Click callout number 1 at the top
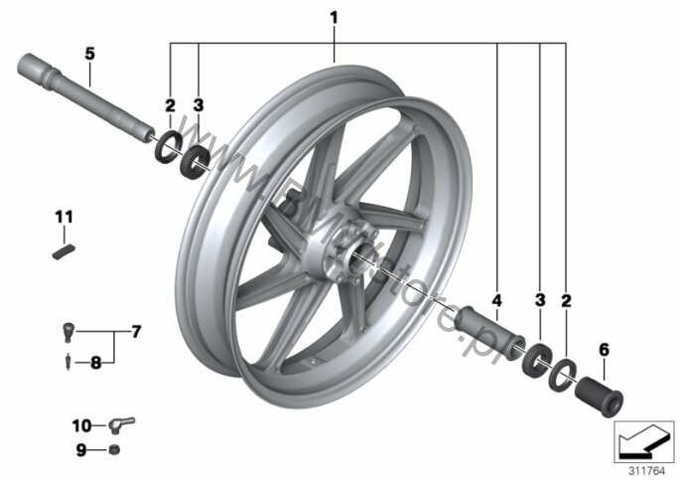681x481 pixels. pos(334,17)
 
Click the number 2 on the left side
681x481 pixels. pos(170,104)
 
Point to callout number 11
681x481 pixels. pos(64,216)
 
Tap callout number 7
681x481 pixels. pos(136,329)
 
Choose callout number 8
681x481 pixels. pos(96,363)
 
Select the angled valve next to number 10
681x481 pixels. pos(120,426)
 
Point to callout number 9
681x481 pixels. pos(80,451)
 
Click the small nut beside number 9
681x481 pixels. pos(114,451)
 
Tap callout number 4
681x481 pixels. pos(495,299)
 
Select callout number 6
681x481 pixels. pos(602,349)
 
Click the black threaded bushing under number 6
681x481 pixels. pos(602,395)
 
